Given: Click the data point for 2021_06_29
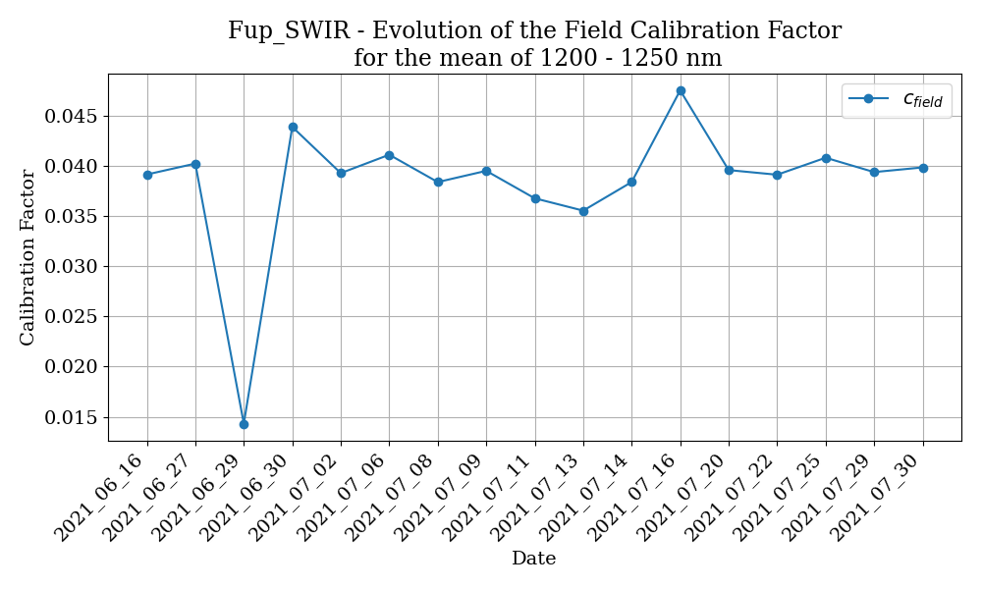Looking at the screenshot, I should (244, 424).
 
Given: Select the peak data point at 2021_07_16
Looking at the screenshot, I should (681, 90).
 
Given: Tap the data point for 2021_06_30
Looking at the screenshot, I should (293, 127).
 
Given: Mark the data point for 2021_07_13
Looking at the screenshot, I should (583, 211).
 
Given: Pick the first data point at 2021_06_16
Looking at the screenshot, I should (147, 175).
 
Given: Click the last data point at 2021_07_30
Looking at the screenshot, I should (923, 168).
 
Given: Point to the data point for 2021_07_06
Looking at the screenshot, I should (389, 155).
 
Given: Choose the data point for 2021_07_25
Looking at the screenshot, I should (826, 158).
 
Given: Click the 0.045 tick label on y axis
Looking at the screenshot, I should (72, 117).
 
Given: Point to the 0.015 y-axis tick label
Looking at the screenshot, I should (72, 417).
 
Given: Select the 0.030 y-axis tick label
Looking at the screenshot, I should (72, 267).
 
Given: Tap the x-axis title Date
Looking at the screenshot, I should (533, 559).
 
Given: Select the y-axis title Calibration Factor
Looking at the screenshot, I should (27, 257).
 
